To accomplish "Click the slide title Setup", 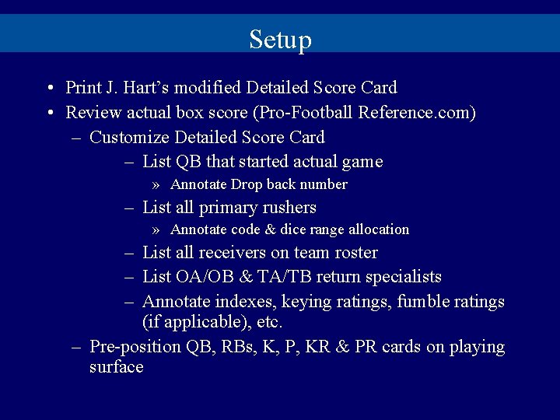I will pyautogui.click(x=280, y=39).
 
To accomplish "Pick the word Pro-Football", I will pyautogui.click(x=303, y=113).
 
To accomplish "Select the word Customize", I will pyautogui.click(x=130, y=138).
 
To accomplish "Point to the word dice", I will pyautogui.click(x=296, y=229).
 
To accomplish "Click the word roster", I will pyautogui.click(x=355, y=253).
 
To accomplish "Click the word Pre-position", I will pyautogui.click(x=136, y=347).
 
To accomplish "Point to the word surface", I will pyautogui.click(x=117, y=367).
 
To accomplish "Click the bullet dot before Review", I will pyautogui.click(x=49, y=113).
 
